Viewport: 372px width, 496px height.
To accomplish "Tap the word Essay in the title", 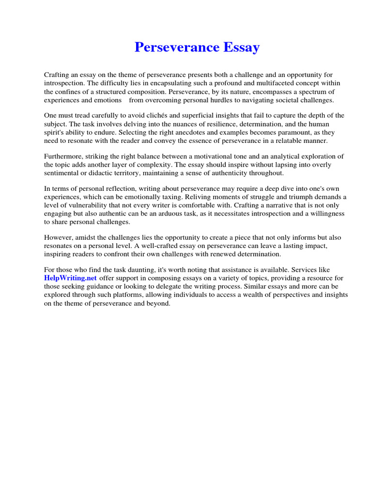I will pyautogui.click(x=241, y=47).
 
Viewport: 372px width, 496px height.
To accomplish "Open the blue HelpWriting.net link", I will pyautogui.click(x=71, y=278).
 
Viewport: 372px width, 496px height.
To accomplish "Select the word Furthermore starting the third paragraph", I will pyautogui.click(x=64, y=156).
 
